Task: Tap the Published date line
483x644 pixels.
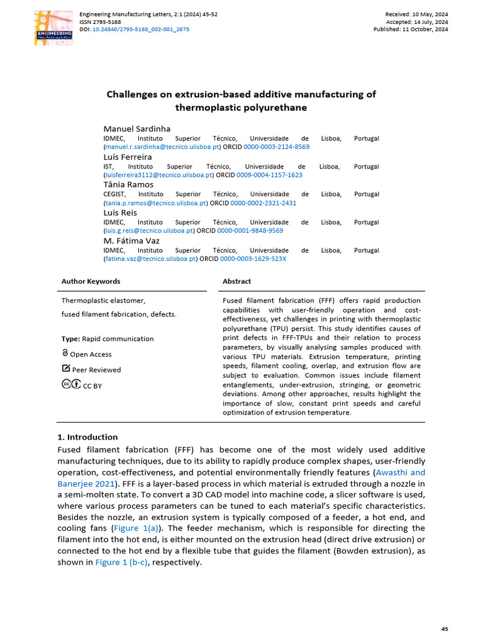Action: [411, 29]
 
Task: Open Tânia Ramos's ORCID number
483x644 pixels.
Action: [263, 203]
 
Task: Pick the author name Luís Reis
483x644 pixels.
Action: [119, 213]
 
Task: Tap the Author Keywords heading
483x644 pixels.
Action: [91, 281]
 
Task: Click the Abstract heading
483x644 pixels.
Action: [236, 281]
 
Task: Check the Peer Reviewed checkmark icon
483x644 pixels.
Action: [66, 369]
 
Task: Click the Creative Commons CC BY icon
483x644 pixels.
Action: [70, 384]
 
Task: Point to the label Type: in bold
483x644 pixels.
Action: [71, 338]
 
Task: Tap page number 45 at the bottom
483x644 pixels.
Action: [445, 629]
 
